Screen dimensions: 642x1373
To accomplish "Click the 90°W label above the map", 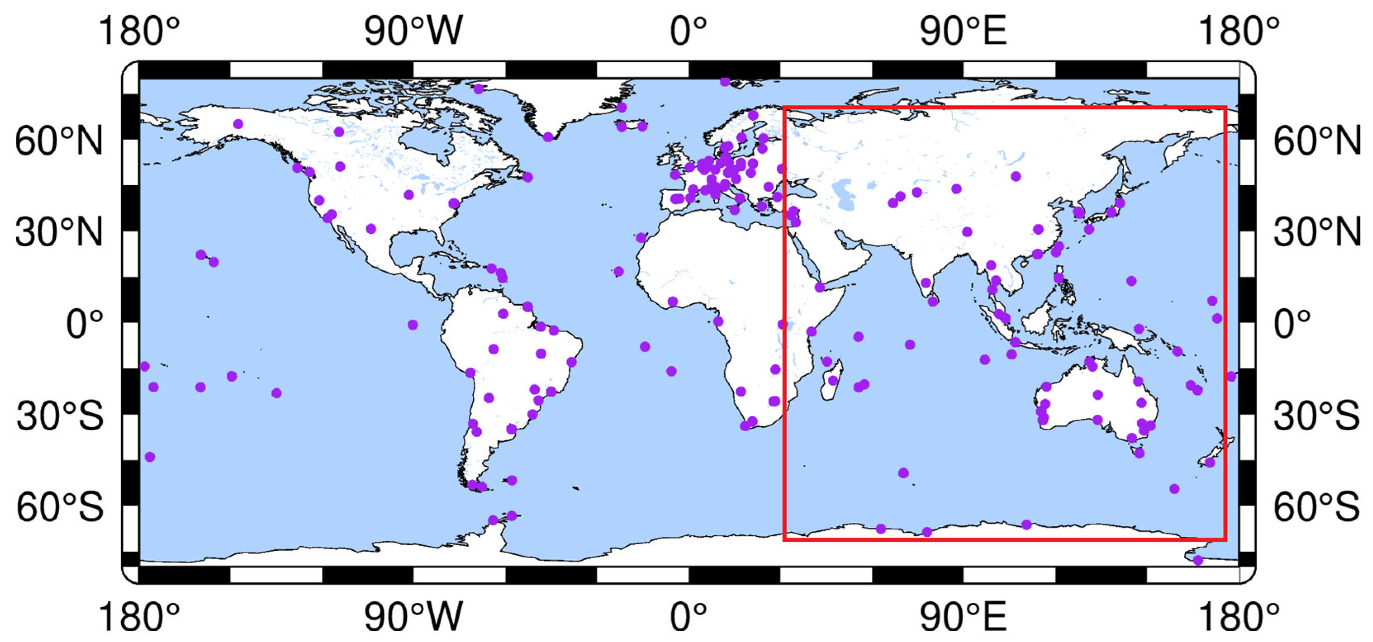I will click(413, 31).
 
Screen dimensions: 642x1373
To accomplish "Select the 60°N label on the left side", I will click(59, 141).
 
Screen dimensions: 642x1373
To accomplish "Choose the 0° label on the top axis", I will click(688, 31).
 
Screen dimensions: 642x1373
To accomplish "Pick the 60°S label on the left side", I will click(60, 507).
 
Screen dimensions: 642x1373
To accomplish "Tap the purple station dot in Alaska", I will click(238, 124).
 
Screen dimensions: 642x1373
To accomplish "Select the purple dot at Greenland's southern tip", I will click(548, 137).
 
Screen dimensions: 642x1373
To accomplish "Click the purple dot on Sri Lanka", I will click(932, 302).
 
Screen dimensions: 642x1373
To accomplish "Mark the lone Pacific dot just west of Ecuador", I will click(413, 324).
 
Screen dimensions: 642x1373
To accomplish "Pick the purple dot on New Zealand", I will click(1210, 463).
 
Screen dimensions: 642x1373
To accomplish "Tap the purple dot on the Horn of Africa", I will click(820, 287).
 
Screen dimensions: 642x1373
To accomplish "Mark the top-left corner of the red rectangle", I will click(784, 108).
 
